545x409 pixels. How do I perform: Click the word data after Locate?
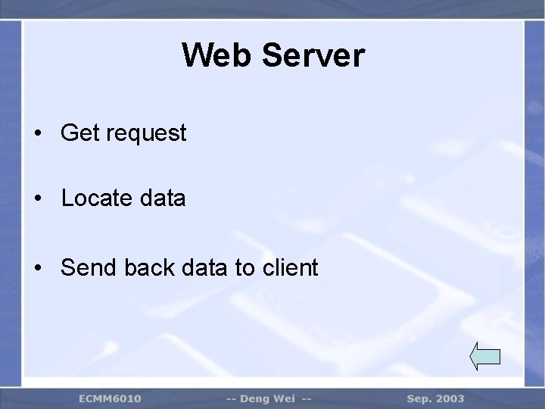tap(163, 199)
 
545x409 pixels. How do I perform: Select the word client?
tap(291, 267)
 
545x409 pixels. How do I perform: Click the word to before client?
tap(244, 267)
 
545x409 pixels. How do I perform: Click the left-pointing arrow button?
tap(485, 355)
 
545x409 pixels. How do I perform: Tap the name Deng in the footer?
tap(257, 398)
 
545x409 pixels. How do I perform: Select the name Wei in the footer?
tap(288, 398)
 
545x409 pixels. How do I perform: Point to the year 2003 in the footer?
tap(451, 398)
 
